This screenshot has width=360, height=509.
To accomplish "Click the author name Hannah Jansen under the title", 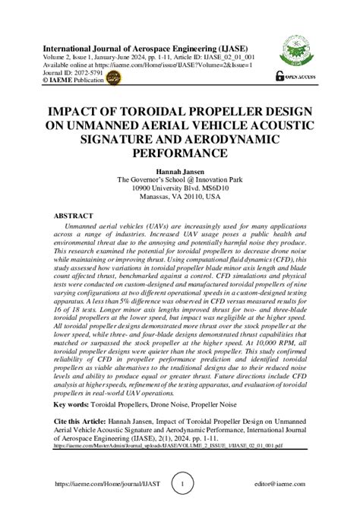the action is click(180, 171).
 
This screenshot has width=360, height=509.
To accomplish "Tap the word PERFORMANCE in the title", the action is click(179, 153).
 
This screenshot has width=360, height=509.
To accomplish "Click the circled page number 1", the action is click(180, 483).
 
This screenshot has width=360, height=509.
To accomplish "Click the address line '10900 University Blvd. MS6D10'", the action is click(180, 188).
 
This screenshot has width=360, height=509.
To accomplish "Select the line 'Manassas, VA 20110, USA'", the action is click(180, 196).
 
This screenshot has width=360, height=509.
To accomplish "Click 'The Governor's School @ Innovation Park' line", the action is click(180, 180).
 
